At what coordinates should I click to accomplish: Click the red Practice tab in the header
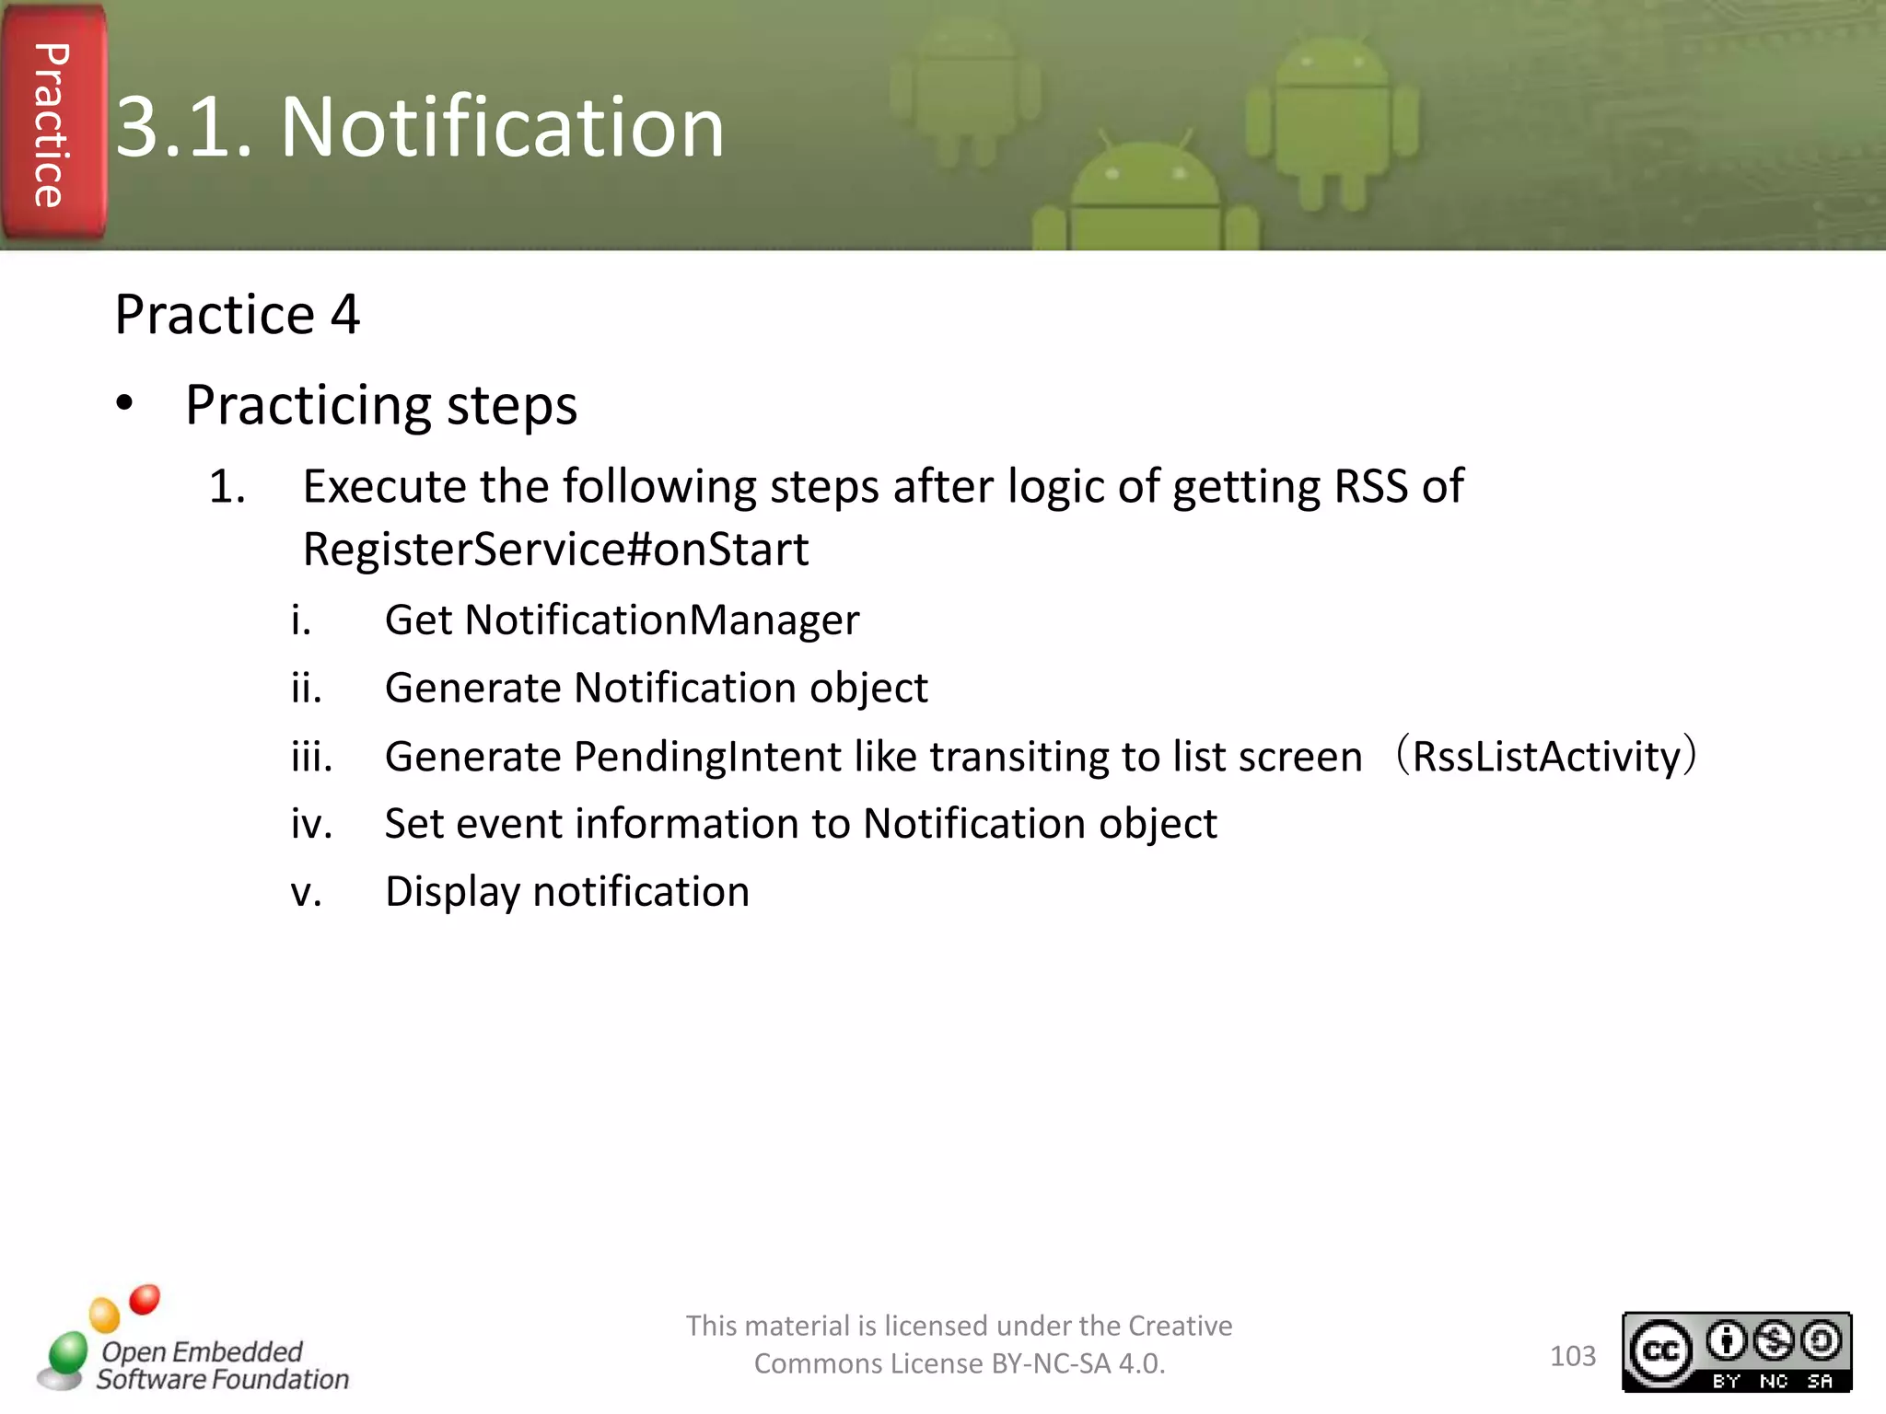click(53, 124)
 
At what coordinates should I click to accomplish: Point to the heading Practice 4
click(237, 315)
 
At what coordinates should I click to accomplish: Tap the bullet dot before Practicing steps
click(125, 404)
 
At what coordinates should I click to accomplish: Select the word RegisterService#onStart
click(555, 550)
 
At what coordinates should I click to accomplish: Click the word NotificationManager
click(661, 620)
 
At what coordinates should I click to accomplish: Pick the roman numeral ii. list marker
click(307, 688)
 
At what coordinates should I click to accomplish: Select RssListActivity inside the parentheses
click(1546, 757)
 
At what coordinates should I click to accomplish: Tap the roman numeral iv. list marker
click(311, 824)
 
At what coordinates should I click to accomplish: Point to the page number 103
click(1572, 1356)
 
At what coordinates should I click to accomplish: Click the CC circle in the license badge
click(1660, 1351)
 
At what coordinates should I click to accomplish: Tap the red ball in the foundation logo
click(145, 1300)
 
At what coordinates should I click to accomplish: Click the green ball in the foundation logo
click(68, 1353)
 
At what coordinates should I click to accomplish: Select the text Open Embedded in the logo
click(202, 1351)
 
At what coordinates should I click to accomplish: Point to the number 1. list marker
click(227, 486)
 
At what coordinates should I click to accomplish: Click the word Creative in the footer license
click(1180, 1326)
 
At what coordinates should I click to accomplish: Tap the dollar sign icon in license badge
click(1774, 1340)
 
